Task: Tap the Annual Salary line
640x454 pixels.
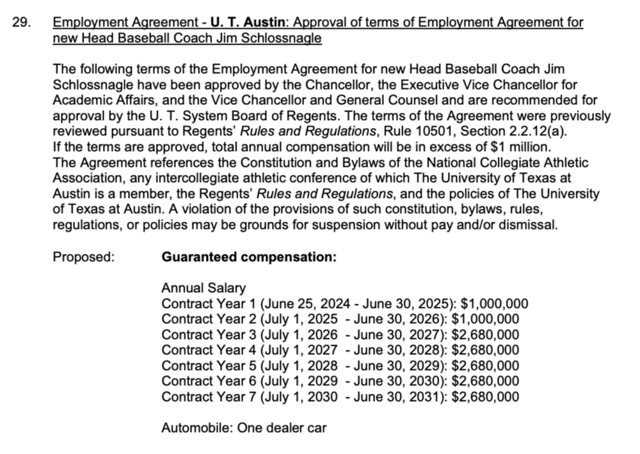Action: [204, 288]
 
